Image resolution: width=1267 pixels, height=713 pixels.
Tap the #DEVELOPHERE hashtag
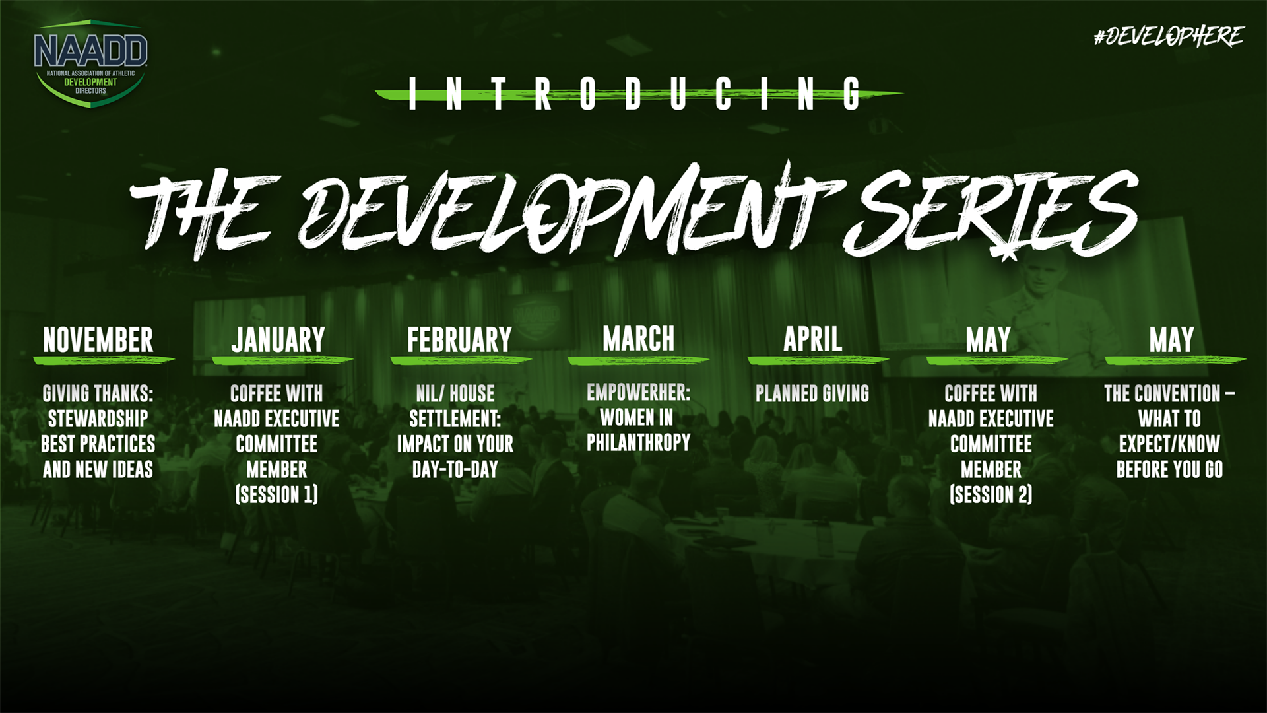tap(1168, 36)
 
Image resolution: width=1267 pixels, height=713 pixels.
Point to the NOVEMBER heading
tap(98, 341)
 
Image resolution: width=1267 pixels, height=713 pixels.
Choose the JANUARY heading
tap(278, 341)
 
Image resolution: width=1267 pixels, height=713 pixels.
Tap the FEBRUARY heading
tap(459, 341)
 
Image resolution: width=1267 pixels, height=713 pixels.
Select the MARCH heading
tap(638, 339)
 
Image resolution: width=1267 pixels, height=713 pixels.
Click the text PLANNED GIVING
tap(812, 394)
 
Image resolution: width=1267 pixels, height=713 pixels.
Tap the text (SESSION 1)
tap(276, 494)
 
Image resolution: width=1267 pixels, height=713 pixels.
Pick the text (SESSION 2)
tap(991, 494)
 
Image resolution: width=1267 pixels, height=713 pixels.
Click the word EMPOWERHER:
tap(638, 393)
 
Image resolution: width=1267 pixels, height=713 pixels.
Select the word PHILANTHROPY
tap(638, 443)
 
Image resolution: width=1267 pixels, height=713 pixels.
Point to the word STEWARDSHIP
tap(98, 419)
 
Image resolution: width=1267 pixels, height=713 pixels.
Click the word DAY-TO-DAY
tap(455, 469)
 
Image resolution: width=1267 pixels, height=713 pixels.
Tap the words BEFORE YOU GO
tap(1169, 469)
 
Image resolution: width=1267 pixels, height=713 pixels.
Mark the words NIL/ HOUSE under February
tap(455, 394)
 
